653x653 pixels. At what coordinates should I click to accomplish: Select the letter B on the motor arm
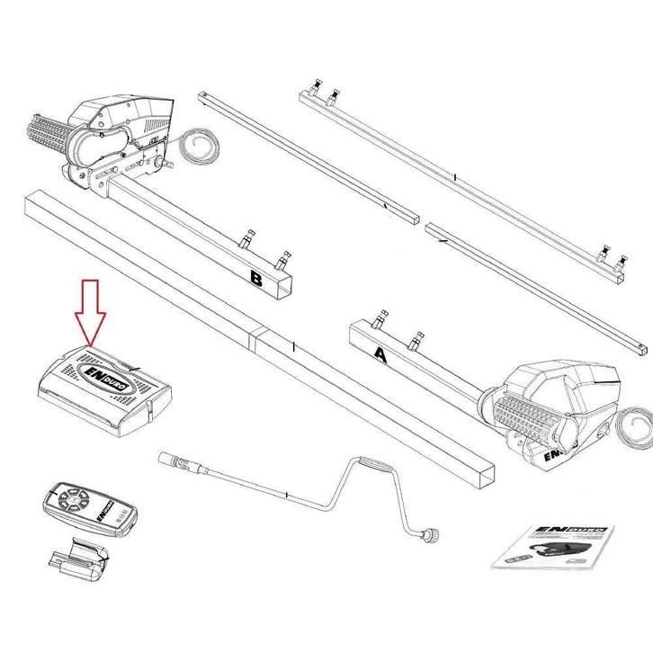[x=255, y=282]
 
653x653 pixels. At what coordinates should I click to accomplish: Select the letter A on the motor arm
[x=380, y=354]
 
